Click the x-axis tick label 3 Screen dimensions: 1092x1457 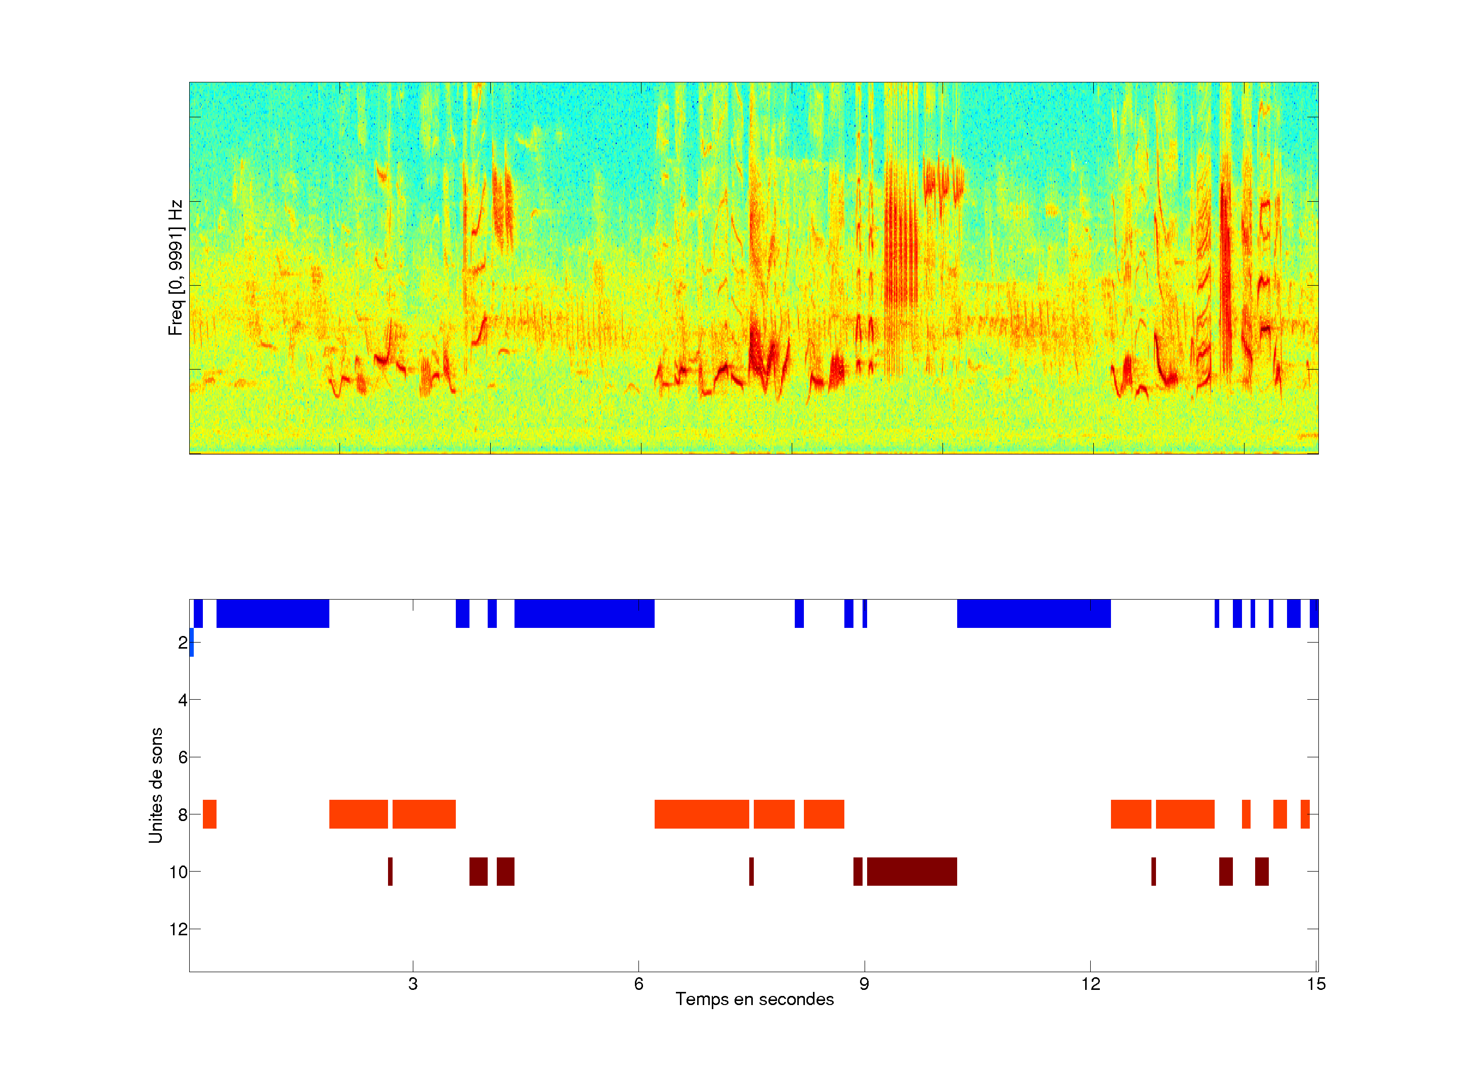[412, 984]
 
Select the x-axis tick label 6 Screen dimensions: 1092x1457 [638, 984]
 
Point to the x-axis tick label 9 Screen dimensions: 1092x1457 [864, 984]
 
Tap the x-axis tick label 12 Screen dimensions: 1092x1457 [1090, 984]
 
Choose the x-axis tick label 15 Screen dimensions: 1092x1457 [1316, 984]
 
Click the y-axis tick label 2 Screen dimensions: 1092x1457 [183, 643]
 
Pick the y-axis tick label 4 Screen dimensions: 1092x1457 [183, 700]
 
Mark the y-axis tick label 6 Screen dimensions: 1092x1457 [183, 757]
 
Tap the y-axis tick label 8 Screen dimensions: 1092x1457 [183, 815]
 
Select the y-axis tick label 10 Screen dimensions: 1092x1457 [179, 872]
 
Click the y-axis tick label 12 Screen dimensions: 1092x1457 [179, 929]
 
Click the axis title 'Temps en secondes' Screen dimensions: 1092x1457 [754, 999]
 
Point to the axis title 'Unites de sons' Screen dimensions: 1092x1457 [155, 785]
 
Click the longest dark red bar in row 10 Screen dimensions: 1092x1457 [912, 872]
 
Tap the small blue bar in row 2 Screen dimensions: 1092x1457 [191, 643]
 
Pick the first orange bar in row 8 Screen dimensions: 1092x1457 [209, 814]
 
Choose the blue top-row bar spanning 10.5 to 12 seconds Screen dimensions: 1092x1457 [1034, 613]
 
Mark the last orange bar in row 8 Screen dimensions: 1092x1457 [1305, 814]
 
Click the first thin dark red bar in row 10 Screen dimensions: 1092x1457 [390, 872]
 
